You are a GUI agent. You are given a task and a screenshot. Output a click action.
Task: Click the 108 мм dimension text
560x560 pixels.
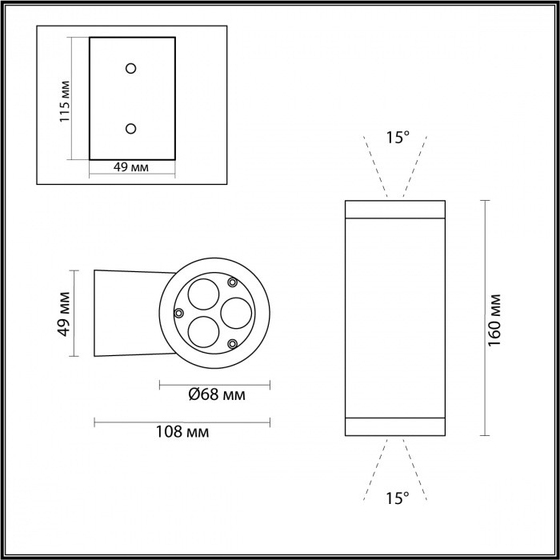[183, 432]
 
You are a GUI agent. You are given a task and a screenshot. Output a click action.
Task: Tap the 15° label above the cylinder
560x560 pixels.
[397, 138]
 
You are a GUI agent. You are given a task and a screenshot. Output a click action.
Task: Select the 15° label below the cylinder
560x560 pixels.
[397, 498]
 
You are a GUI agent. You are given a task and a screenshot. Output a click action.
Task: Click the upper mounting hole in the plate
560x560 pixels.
[131, 68]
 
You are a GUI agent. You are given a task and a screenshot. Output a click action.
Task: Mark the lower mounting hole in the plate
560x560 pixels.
[131, 128]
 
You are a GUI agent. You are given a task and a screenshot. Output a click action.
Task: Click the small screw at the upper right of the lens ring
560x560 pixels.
[232, 282]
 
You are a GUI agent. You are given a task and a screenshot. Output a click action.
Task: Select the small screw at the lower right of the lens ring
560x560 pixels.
[232, 343]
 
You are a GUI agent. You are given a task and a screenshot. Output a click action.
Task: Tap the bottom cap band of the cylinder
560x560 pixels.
[394, 427]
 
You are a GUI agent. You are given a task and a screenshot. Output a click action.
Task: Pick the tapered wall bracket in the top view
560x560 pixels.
[128, 313]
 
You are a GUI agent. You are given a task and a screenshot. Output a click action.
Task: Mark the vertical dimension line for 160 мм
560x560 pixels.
[484, 318]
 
